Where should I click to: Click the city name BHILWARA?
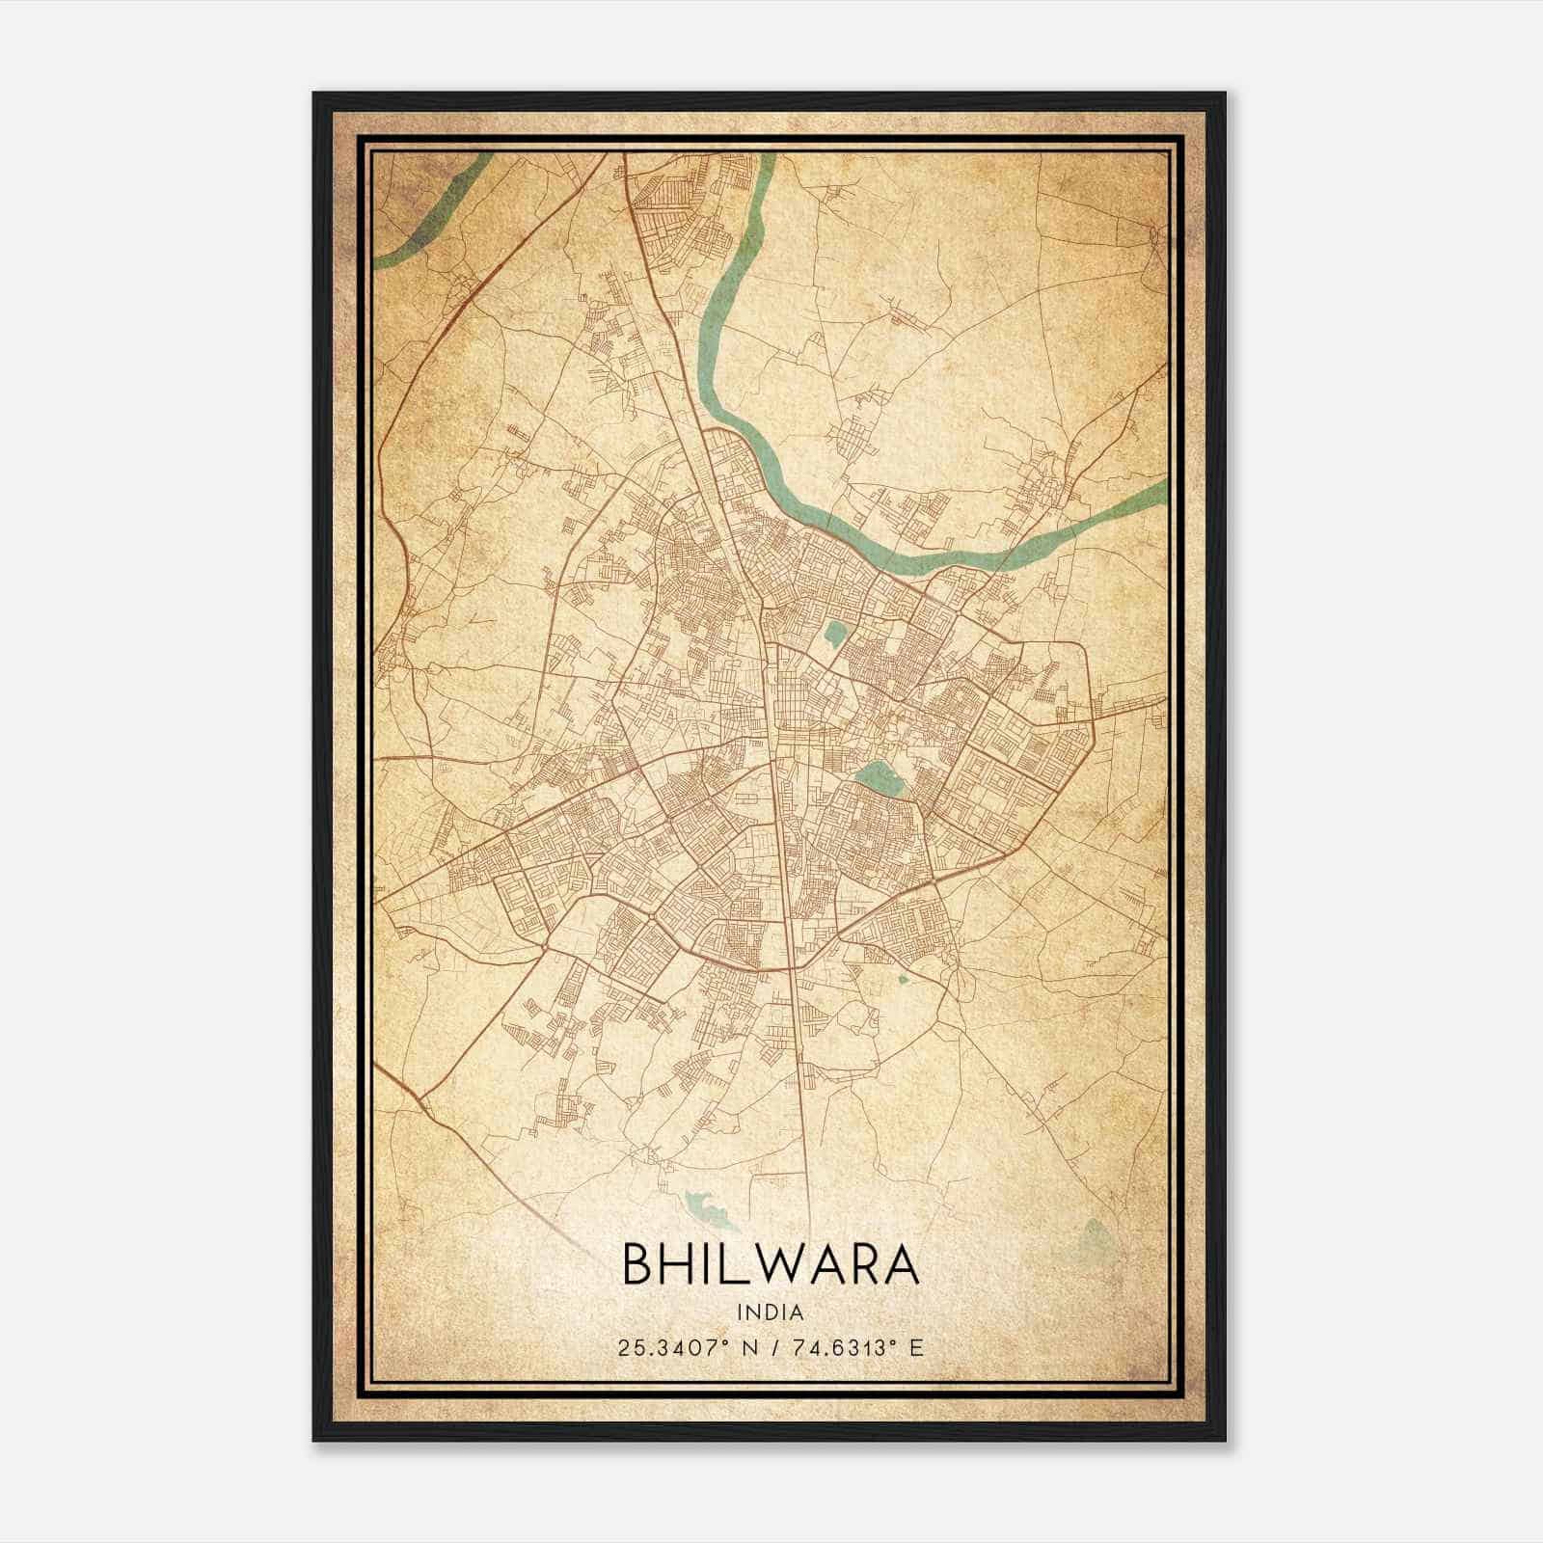click(771, 1263)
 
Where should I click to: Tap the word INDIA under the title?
click(771, 1313)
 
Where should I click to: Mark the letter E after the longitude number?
click(916, 1347)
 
